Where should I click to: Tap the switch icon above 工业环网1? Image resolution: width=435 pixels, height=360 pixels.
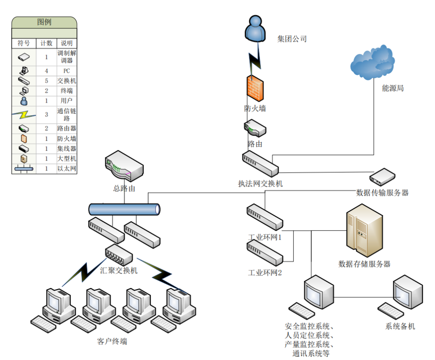[264, 217]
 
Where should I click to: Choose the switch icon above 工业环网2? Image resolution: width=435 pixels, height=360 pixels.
[264, 253]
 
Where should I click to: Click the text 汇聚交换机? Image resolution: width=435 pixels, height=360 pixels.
[119, 270]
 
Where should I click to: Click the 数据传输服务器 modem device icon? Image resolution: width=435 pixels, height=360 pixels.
[382, 176]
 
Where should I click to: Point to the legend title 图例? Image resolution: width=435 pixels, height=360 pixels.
[44, 22]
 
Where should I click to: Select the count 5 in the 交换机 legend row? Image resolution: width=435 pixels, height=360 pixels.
[46, 81]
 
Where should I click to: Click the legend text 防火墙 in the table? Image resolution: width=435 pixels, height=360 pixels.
[67, 139]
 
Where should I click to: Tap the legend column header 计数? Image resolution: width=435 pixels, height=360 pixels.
[46, 43]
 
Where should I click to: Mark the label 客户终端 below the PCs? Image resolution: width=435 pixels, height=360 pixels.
[112, 341]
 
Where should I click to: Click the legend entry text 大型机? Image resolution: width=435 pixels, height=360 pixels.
[67, 159]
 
